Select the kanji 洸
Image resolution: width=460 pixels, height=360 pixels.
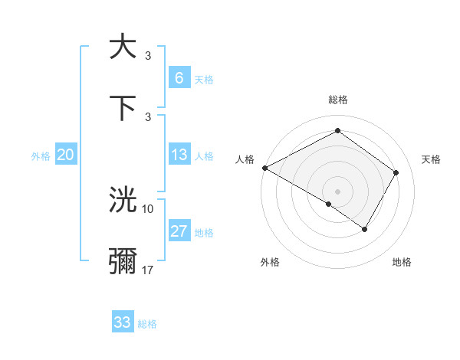click(x=123, y=200)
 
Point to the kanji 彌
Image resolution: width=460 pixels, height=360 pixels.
click(x=123, y=261)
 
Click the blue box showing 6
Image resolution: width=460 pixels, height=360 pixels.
click(x=179, y=77)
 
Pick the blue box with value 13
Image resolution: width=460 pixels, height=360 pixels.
click(x=179, y=155)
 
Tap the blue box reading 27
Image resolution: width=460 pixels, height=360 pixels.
click(x=179, y=231)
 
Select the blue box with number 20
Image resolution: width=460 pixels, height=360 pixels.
click(x=66, y=155)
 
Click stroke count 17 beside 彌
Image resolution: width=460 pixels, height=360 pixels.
click(x=148, y=270)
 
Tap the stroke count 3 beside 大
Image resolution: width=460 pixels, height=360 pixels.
click(x=148, y=55)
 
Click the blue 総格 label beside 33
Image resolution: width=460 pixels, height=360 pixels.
click(x=148, y=324)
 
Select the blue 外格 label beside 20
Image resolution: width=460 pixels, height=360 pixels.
click(x=41, y=155)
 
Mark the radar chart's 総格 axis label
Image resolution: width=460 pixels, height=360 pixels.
click(x=338, y=100)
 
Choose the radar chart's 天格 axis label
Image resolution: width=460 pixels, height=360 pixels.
click(x=431, y=159)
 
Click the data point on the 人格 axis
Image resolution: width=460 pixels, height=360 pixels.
click(x=264, y=167)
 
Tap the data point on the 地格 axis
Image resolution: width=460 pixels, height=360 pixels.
click(x=365, y=229)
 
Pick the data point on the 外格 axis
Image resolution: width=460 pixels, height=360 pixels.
click(x=329, y=204)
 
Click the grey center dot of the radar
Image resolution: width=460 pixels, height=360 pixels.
click(x=338, y=191)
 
